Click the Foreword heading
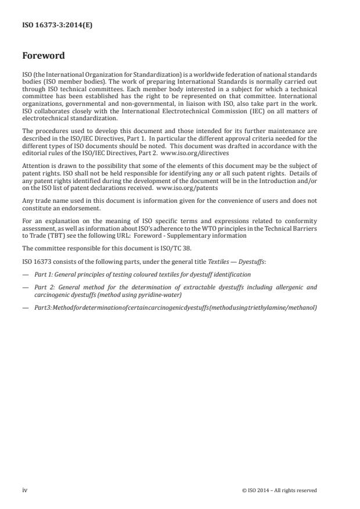[x=44, y=56]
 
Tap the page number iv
[x=24, y=490]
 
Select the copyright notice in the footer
[x=279, y=490]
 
